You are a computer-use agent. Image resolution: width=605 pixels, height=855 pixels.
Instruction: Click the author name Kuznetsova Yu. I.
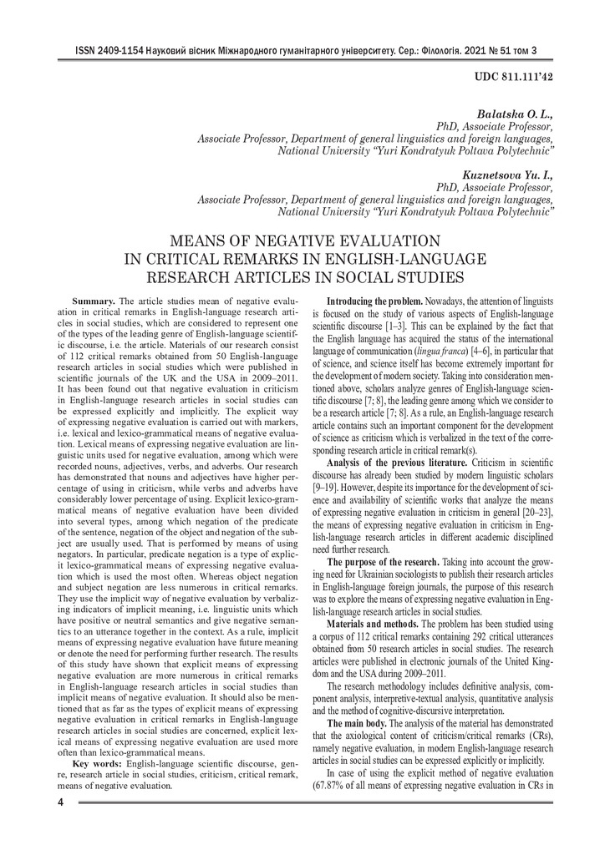click(x=508, y=176)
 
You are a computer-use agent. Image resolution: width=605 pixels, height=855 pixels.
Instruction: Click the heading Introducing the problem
click(x=374, y=300)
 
